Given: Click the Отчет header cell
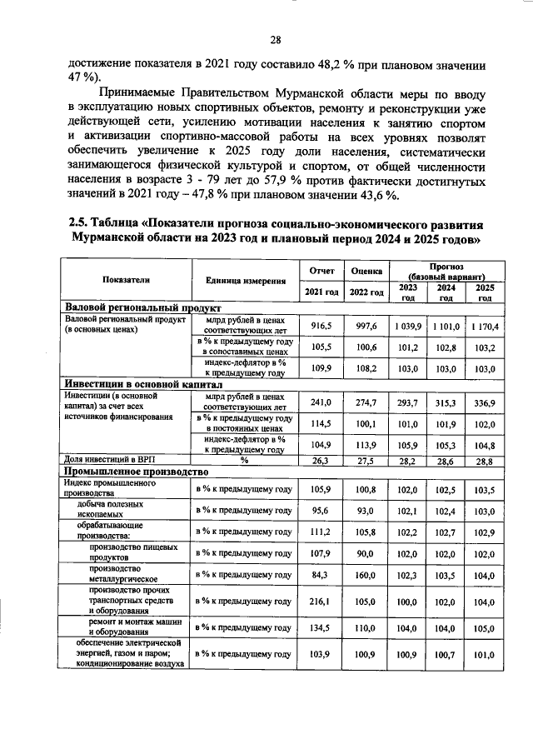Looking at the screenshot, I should [321, 271].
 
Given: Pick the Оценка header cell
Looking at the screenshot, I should [366, 271].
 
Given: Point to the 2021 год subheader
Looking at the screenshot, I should [321, 292].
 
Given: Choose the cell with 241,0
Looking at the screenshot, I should [321, 402].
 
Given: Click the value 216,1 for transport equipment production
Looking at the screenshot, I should [321, 601].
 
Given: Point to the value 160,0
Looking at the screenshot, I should [366, 575].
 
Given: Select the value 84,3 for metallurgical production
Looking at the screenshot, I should [321, 575].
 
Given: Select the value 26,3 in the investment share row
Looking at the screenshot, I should [321, 459].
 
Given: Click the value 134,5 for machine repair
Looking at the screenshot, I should [321, 628].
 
